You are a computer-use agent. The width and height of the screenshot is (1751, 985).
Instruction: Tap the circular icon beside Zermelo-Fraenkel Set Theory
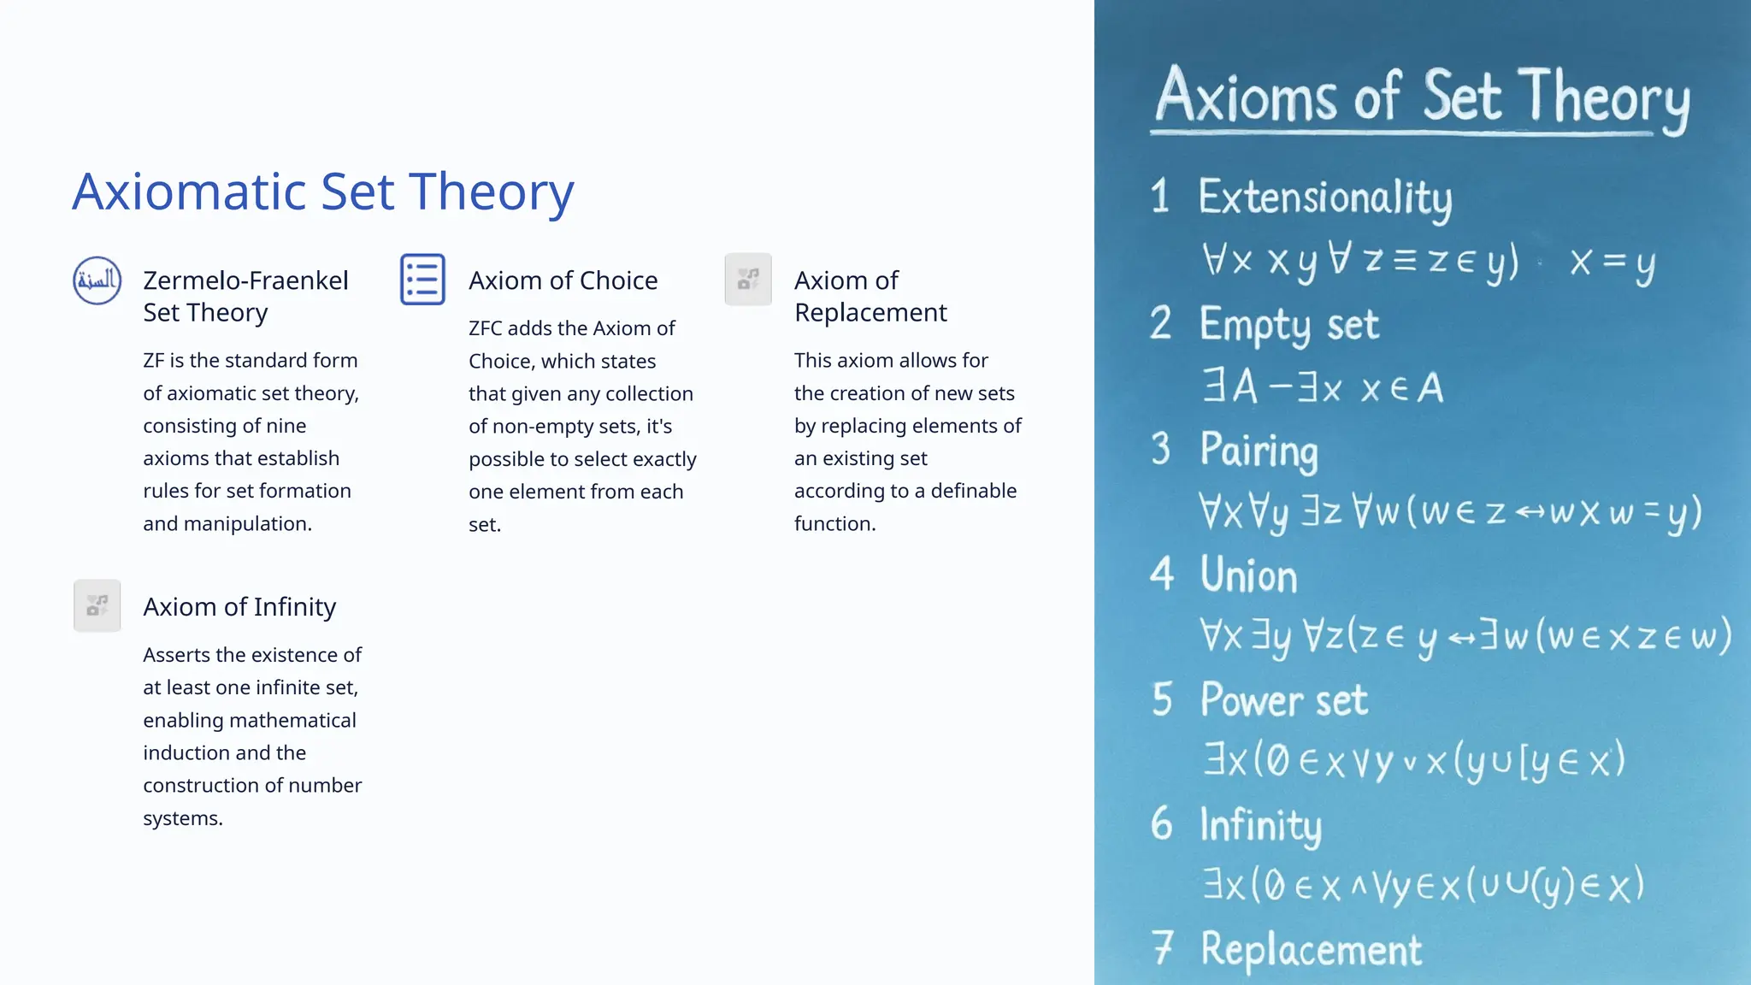click(x=97, y=280)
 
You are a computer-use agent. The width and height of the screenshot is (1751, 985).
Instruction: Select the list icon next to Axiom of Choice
click(x=422, y=280)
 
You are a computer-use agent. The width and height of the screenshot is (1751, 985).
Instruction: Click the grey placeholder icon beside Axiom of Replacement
click(x=748, y=280)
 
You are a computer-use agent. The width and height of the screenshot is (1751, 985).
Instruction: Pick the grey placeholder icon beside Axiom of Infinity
click(x=97, y=606)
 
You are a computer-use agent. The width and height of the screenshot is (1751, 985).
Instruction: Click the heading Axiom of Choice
click(x=563, y=280)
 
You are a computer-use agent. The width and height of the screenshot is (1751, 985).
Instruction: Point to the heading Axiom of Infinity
click(x=239, y=607)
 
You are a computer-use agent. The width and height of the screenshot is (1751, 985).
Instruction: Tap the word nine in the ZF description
click(x=286, y=426)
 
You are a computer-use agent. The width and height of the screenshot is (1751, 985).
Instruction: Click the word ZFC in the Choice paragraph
click(x=485, y=328)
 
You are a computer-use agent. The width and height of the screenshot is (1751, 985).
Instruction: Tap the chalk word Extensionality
click(x=1324, y=198)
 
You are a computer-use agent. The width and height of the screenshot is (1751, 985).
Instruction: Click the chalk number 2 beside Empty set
click(x=1160, y=324)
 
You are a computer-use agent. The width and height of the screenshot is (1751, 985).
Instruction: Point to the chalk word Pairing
click(x=1259, y=451)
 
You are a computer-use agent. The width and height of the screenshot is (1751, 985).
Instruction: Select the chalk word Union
click(x=1248, y=575)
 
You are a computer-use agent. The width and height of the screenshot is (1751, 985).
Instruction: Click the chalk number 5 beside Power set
click(x=1162, y=699)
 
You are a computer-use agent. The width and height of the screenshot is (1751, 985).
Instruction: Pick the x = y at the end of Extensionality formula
click(x=1612, y=262)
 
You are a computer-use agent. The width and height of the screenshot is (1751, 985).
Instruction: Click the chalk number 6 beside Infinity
click(x=1161, y=824)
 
